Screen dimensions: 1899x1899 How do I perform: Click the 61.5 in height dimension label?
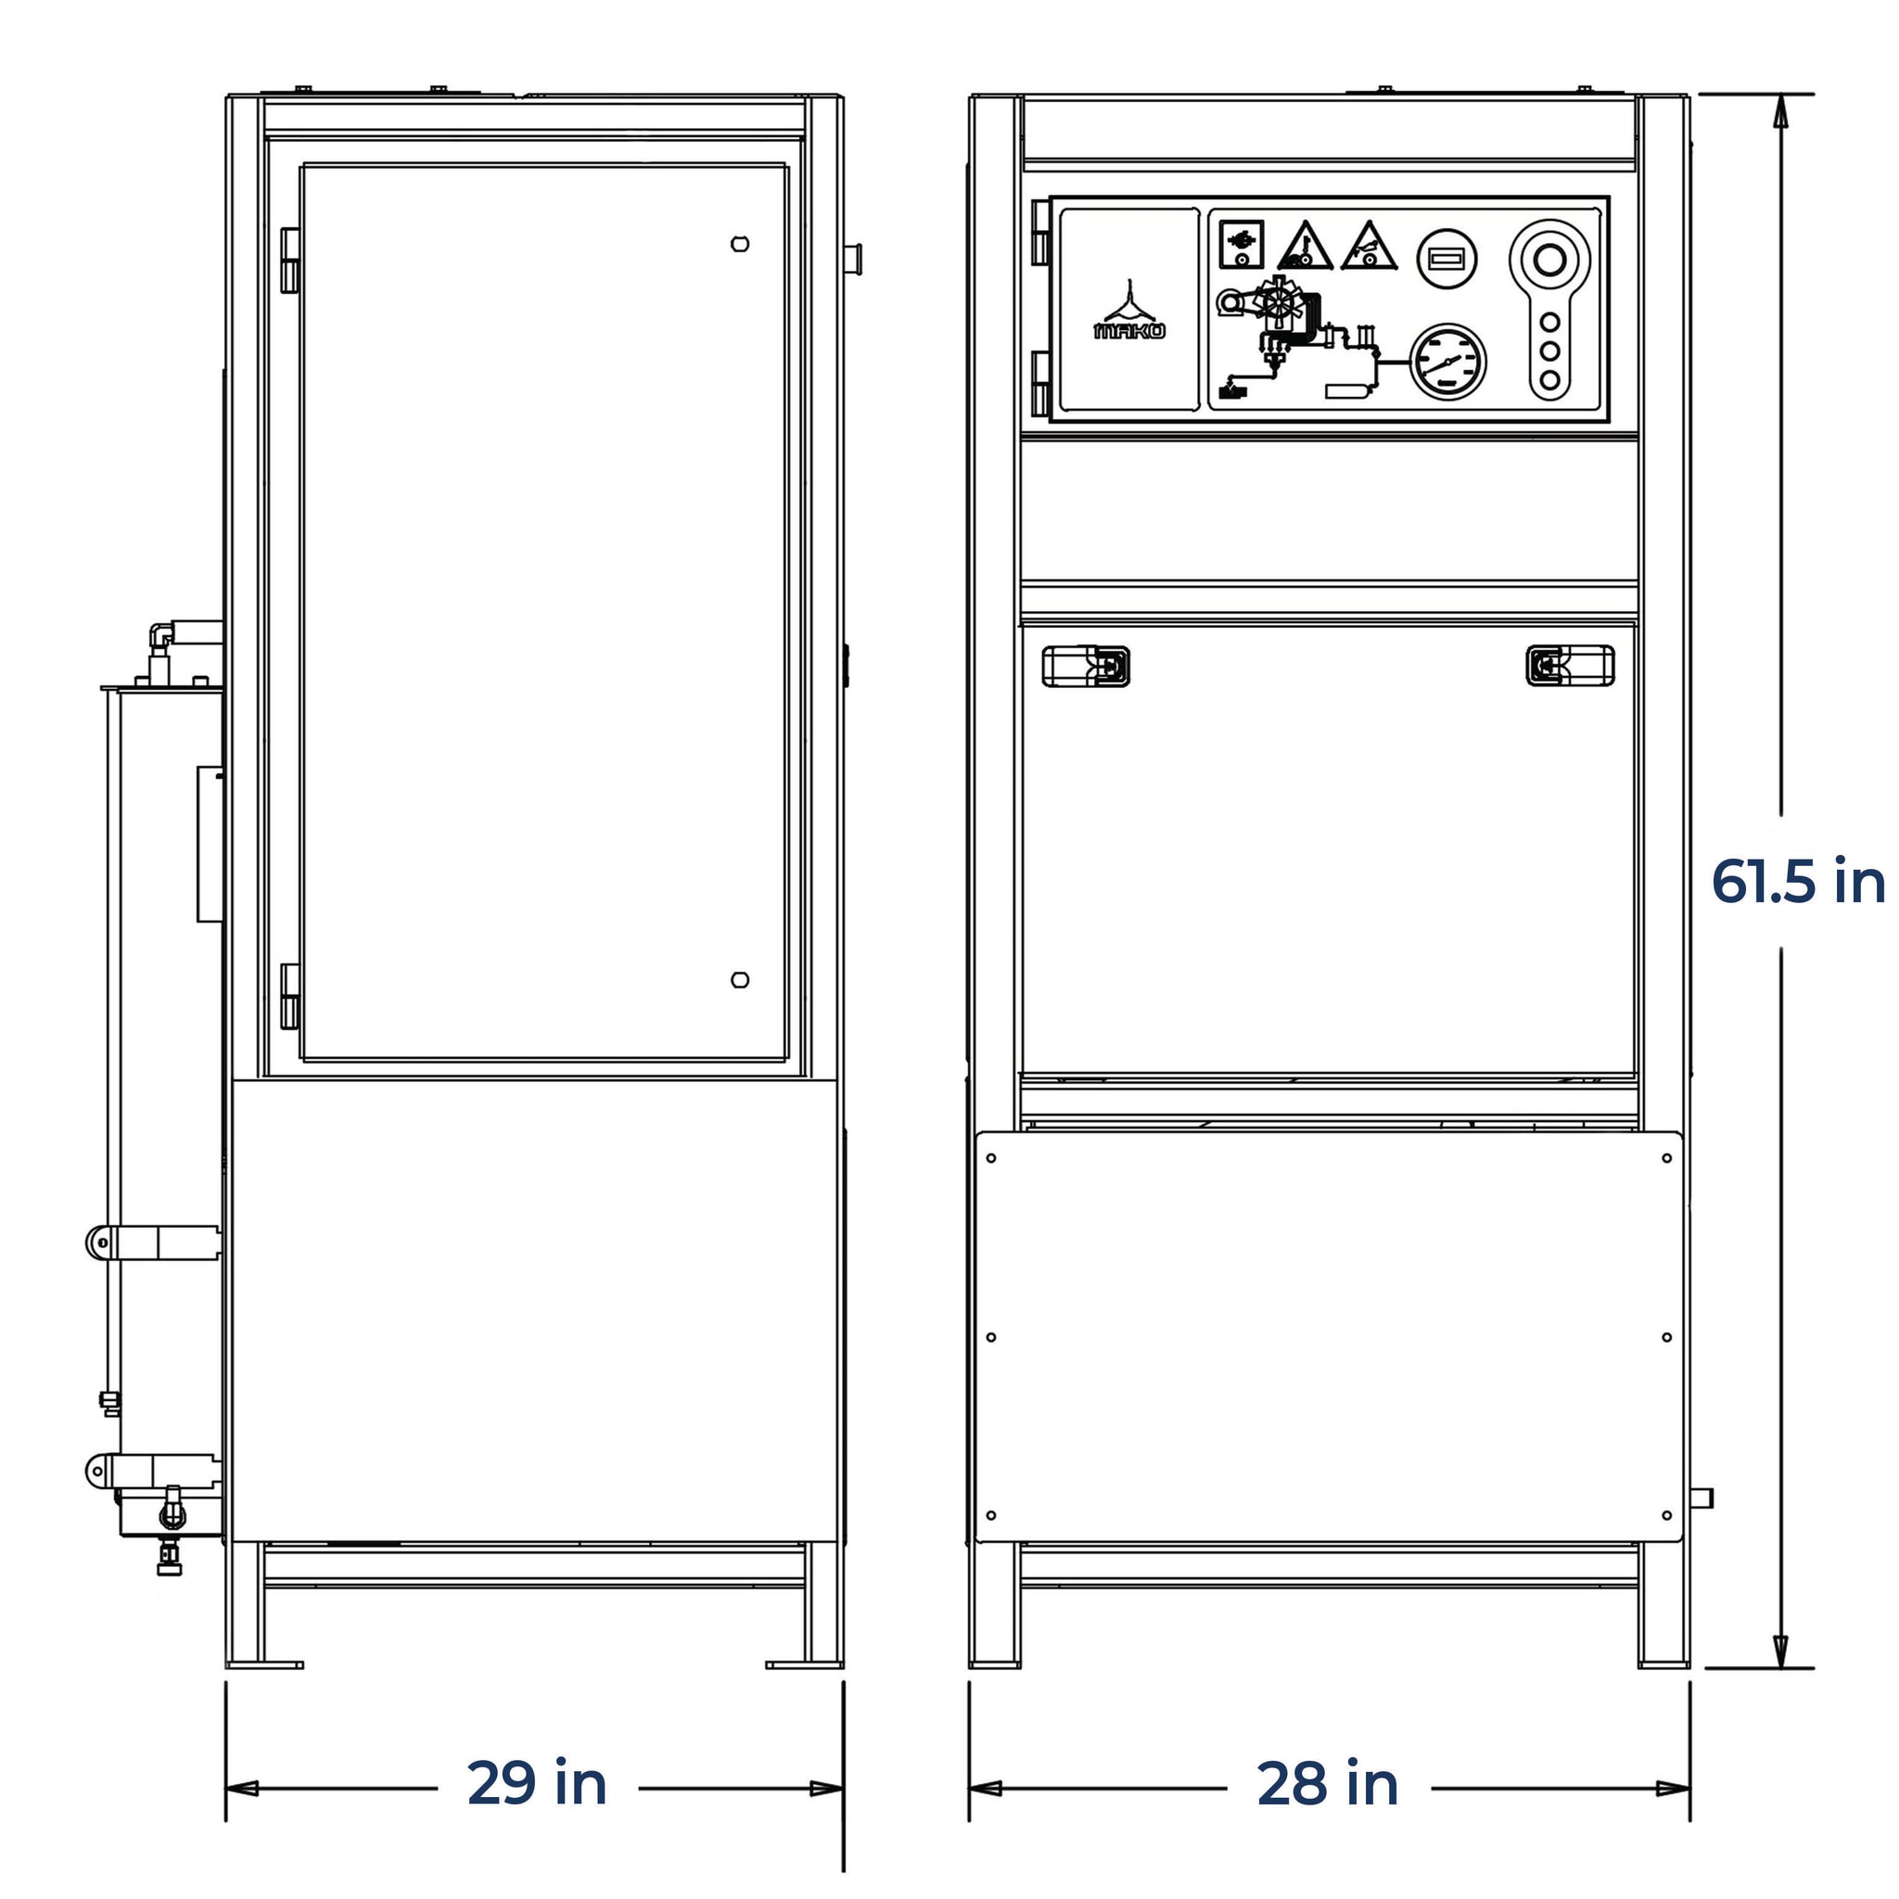(1798, 881)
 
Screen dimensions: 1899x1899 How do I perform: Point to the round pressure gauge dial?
(1447, 362)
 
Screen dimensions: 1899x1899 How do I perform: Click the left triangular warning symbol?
(1305, 246)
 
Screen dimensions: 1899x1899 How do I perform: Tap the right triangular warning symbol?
(1370, 246)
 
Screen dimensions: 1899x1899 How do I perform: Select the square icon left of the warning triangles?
(1242, 244)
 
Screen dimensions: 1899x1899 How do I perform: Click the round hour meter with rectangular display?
(1447, 259)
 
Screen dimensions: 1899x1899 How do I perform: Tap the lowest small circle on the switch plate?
(1550, 379)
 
